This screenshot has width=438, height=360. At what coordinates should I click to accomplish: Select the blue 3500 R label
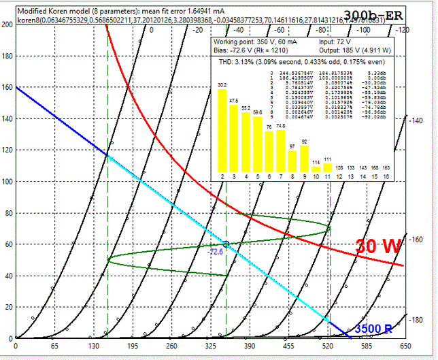[x=373, y=329]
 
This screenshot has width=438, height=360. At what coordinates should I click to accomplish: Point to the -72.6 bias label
[x=216, y=251]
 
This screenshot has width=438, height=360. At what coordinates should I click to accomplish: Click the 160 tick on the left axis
[x=7, y=87]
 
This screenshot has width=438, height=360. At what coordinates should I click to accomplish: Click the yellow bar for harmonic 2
[x=222, y=130]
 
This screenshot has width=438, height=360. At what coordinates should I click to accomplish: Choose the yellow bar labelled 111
[x=327, y=167]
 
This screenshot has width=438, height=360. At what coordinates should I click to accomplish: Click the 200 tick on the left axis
[x=7, y=24]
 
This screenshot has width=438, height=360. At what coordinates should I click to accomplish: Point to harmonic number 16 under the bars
[x=386, y=177]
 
